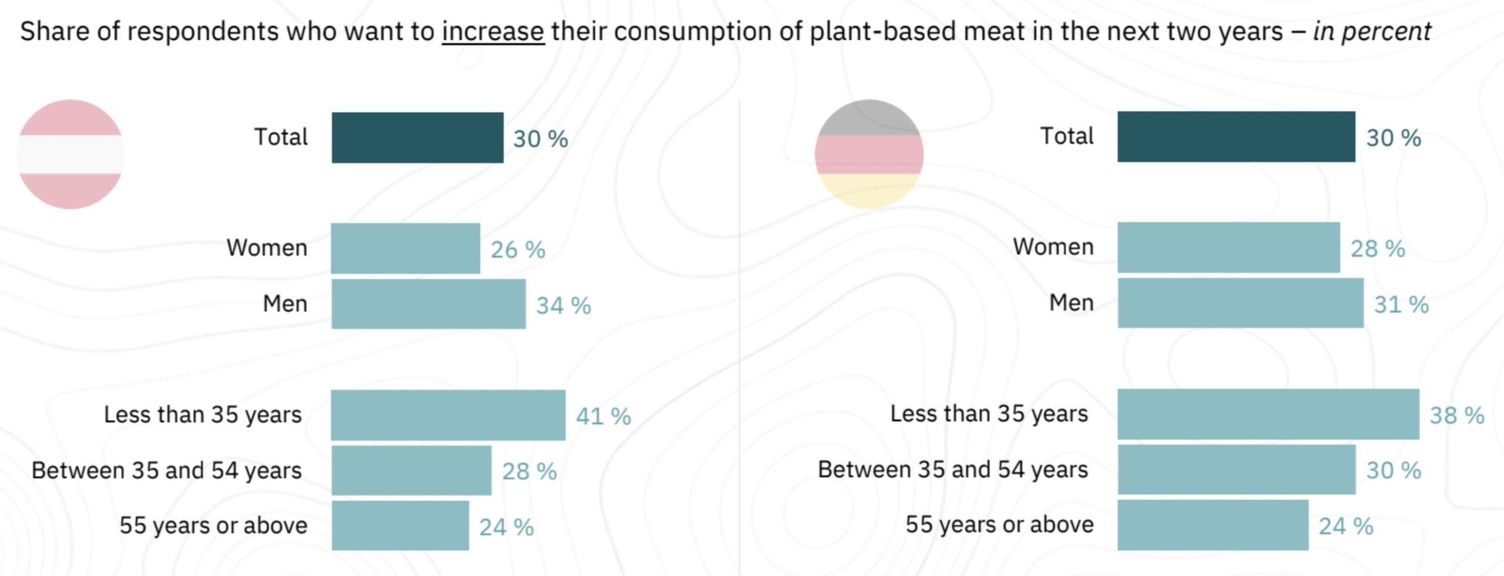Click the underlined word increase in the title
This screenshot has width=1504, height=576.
pos(493,32)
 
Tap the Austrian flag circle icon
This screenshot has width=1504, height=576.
pos(71,154)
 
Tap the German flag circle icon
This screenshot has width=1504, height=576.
pos(869,154)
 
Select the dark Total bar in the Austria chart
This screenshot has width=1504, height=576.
pos(417,138)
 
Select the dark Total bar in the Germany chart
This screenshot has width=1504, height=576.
pos(1236,136)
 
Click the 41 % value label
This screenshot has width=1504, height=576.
pos(603,416)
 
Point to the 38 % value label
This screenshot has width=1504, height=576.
pos(1456,415)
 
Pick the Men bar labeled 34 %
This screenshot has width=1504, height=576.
pos(428,304)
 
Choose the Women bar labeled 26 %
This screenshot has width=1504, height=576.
pos(405,248)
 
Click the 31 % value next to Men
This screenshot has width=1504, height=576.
pos(1401,304)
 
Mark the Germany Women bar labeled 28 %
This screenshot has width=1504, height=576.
pos(1228,247)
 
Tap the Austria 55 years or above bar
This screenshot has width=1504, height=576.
pos(400,525)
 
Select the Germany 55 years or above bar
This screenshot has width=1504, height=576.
pos(1213,525)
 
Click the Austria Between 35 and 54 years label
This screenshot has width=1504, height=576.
pos(166,470)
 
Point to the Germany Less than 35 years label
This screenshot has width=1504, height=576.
pos(989,414)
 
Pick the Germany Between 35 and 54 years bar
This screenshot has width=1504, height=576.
pos(1236,470)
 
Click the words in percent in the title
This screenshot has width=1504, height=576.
pos(1372,32)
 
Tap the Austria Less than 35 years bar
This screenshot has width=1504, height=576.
pos(448,415)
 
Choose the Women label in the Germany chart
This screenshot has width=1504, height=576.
pos(1053,247)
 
